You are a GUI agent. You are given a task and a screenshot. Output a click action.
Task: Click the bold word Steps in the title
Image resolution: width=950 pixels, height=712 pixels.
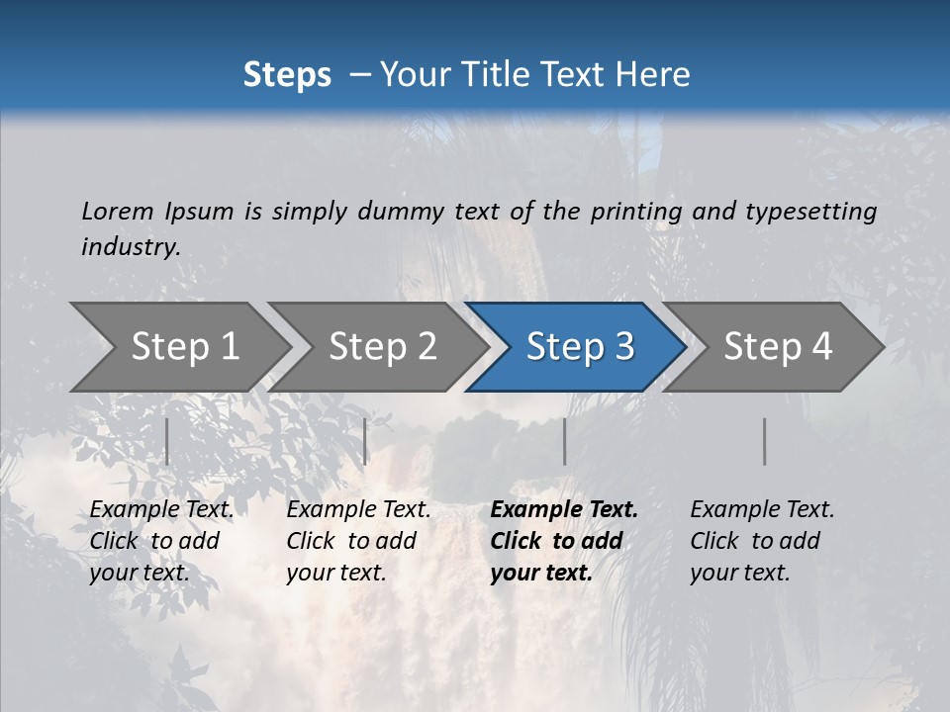[x=287, y=75]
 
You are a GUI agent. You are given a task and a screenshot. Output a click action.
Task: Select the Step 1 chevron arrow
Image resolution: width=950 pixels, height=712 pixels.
[x=184, y=347]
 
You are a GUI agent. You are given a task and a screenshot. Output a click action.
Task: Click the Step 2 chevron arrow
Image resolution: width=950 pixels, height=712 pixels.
[x=382, y=347]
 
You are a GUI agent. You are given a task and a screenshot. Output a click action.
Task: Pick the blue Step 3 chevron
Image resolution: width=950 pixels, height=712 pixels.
[x=579, y=347]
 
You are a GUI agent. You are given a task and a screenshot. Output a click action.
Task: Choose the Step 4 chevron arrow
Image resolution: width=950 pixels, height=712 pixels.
[x=777, y=347]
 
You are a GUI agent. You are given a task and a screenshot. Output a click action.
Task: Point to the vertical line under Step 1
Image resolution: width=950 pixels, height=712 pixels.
[x=167, y=441]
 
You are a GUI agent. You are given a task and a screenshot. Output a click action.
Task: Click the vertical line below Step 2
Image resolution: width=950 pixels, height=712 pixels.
[x=365, y=441]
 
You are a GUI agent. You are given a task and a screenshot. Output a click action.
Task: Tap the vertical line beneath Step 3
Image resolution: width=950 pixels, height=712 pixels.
[x=564, y=441]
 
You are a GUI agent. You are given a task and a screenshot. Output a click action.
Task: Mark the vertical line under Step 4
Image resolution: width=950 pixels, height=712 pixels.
[x=764, y=441]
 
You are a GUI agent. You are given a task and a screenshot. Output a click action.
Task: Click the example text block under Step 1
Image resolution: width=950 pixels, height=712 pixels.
[x=161, y=541]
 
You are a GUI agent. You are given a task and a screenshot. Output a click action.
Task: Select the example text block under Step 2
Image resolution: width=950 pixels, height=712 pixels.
[x=358, y=541]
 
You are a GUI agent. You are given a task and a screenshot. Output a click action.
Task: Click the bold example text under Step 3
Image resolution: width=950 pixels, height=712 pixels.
[x=564, y=541]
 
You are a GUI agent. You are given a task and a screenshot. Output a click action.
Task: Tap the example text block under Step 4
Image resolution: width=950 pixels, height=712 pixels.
[x=762, y=541]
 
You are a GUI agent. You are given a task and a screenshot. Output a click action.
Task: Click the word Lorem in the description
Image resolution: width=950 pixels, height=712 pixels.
[x=118, y=211]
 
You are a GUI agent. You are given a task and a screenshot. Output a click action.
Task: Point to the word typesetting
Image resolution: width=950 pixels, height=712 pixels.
[x=810, y=212]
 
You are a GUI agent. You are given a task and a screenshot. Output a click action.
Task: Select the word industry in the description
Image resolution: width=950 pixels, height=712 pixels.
[x=130, y=246]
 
